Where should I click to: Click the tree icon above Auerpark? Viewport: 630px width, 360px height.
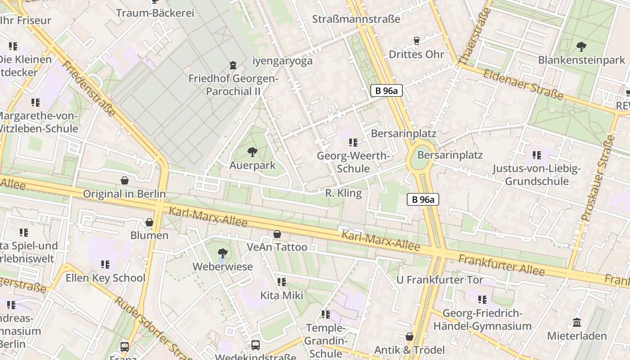pos(252,152)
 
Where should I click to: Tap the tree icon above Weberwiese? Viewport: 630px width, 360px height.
pos(222,253)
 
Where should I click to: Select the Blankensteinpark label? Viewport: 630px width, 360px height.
pos(581,60)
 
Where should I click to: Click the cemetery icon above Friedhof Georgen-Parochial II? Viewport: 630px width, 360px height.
pos(233,66)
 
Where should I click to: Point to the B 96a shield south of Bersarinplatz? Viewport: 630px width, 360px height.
pos(423,199)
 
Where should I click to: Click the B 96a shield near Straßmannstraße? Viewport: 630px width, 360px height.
pos(386,90)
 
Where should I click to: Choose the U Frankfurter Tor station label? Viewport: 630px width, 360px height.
pos(439,280)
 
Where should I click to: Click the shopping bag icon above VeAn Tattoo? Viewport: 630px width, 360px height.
pos(277,234)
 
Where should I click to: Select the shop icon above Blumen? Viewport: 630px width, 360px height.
pos(149,222)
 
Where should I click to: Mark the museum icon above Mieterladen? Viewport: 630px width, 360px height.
pos(577,322)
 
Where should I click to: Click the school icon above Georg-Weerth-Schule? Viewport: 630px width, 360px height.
pos(353,143)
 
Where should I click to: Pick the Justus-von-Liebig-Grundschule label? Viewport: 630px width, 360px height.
pos(536,175)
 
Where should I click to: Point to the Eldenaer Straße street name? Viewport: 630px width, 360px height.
pos(523,84)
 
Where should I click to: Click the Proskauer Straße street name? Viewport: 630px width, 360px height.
pos(598,178)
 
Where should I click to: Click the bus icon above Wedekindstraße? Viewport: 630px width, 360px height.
pos(256,345)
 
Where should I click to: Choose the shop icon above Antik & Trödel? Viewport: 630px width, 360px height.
pos(409,337)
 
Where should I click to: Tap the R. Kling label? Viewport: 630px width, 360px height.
pos(343,193)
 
